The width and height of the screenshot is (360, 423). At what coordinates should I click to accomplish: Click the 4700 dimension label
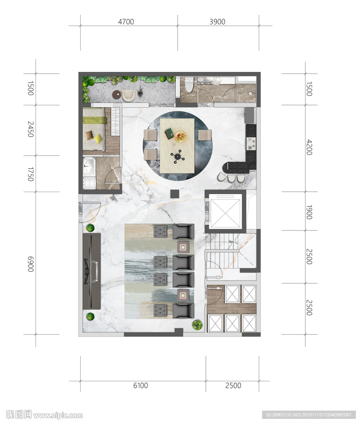coord(126,21)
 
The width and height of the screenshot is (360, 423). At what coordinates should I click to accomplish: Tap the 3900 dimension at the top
coord(217,21)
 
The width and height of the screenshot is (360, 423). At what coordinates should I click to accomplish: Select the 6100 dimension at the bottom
coord(141,385)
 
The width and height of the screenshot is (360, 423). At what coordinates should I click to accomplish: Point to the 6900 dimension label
coord(31,264)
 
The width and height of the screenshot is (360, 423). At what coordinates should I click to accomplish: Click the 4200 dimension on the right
coord(309,147)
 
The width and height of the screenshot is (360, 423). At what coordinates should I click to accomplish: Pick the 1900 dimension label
coord(309,212)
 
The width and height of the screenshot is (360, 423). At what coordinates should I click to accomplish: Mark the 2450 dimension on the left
coord(31,129)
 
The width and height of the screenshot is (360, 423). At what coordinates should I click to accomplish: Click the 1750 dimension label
coord(31,174)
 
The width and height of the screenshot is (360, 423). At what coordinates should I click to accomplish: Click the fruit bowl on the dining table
coord(180,136)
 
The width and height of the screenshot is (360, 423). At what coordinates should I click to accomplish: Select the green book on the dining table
coord(169,133)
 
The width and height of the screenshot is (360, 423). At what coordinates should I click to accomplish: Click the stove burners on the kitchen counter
coord(251,143)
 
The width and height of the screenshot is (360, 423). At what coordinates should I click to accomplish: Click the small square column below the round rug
coord(174,194)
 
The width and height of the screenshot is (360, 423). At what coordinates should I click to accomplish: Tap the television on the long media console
coord(91,271)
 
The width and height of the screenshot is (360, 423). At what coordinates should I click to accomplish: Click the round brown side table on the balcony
coord(117,95)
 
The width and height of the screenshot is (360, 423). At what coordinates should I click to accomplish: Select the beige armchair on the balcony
coord(129,95)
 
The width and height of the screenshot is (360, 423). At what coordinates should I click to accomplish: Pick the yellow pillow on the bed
coord(98,138)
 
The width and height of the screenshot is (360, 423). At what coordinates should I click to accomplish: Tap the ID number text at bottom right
coord(309,415)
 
